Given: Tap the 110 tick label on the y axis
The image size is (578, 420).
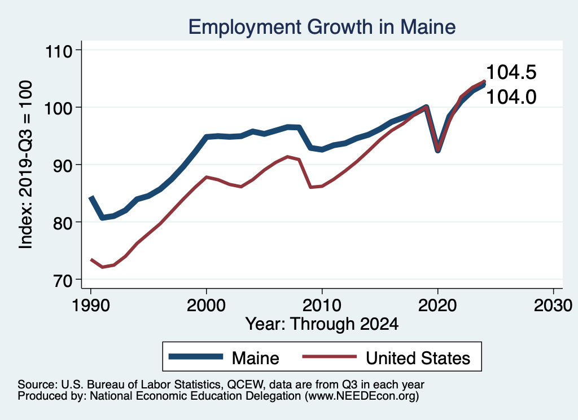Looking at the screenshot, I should click(x=60, y=51).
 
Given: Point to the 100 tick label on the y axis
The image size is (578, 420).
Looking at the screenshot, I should click(x=60, y=108).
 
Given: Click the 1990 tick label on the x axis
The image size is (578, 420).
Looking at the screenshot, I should click(x=90, y=306).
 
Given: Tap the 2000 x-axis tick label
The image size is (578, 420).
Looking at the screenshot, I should click(x=206, y=306).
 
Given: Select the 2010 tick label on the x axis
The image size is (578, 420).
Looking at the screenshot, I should click(x=322, y=306).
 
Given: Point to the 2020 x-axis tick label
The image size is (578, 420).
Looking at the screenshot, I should click(x=437, y=306).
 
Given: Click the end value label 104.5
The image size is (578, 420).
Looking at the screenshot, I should click(x=511, y=72).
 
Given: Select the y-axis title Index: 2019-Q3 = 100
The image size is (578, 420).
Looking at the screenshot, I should click(x=25, y=164).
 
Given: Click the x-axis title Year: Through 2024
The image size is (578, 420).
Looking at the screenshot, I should click(x=322, y=324).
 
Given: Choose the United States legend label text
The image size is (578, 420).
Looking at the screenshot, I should click(x=418, y=357).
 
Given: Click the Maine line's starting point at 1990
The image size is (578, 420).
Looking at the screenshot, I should click(x=91, y=197).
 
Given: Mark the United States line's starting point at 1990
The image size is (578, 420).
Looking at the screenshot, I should click(x=91, y=259).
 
